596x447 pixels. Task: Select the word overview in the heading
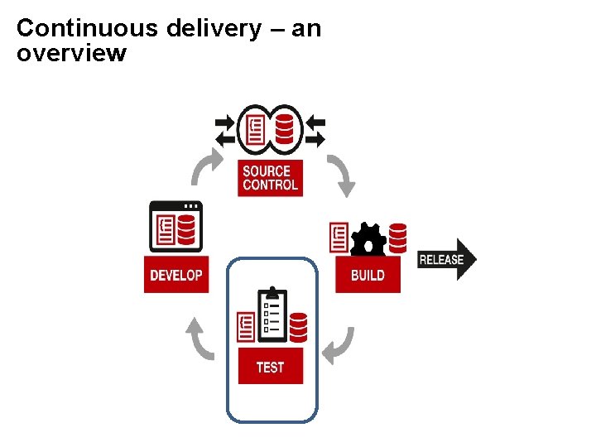pyautogui.click(x=71, y=54)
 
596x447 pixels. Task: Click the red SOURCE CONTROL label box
pyautogui.click(x=270, y=178)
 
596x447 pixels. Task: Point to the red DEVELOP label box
pyautogui.click(x=176, y=275)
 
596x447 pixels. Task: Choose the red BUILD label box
pyautogui.click(x=368, y=275)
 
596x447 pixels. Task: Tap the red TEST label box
pyautogui.click(x=270, y=367)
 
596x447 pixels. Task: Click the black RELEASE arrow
pyautogui.click(x=446, y=259)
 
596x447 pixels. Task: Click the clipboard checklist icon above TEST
pyautogui.click(x=272, y=315)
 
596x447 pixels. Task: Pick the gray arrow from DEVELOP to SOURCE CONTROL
pyautogui.click(x=206, y=168)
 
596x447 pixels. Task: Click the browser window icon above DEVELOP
pyautogui.click(x=175, y=226)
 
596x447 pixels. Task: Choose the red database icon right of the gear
pyautogui.click(x=398, y=238)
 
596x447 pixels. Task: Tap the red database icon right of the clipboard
pyautogui.click(x=299, y=326)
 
